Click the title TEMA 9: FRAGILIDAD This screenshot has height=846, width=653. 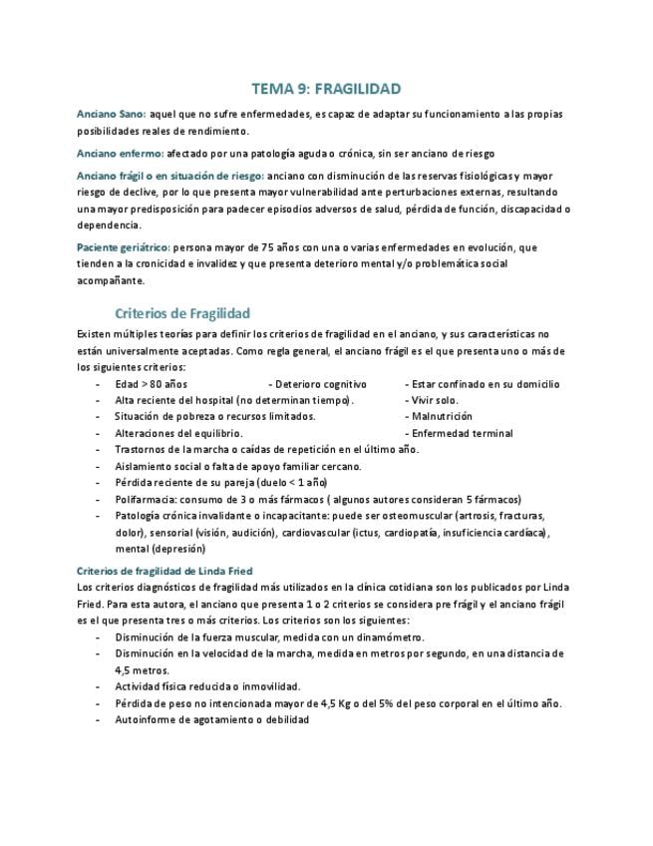click(326, 89)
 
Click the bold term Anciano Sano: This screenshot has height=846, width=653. click(112, 115)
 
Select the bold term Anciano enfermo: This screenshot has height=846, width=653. click(121, 154)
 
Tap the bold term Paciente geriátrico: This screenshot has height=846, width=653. click(124, 246)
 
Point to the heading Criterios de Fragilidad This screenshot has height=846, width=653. click(182, 312)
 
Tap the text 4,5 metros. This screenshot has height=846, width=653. click(143, 669)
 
